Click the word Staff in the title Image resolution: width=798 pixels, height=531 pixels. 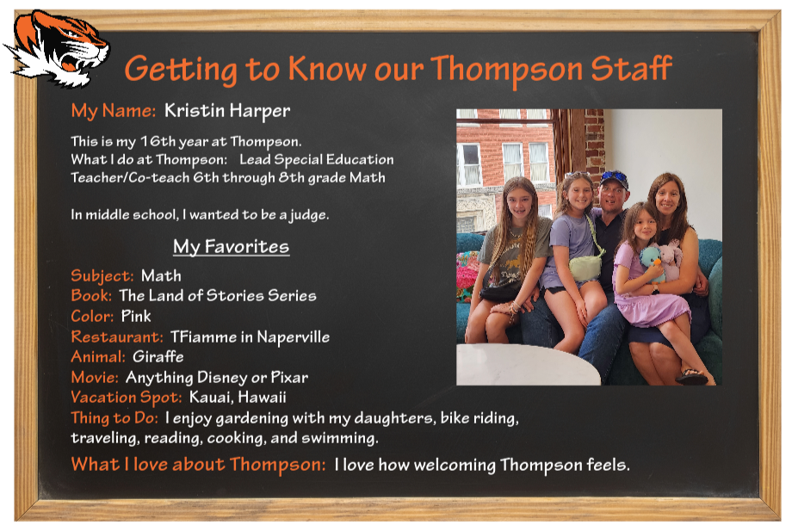631,68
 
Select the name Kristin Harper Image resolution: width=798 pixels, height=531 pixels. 227,111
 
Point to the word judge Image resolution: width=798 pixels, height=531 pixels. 309,215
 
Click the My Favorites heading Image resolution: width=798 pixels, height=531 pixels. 231,247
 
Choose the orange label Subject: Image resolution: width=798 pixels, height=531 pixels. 102,275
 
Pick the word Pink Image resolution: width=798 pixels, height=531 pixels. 136,316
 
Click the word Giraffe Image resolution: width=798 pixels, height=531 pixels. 158,356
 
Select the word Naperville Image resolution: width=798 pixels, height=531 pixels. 294,337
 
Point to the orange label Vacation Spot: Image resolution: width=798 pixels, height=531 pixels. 127,398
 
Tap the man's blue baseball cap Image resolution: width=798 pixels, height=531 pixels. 614,179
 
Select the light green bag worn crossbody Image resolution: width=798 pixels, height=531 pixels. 585,267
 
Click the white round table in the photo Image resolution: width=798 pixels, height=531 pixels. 527,364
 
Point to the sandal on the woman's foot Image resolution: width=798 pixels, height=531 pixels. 691,376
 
